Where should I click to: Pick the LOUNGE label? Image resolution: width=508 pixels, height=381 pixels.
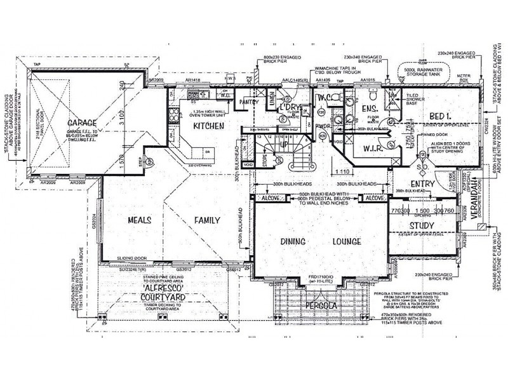pos(347,242)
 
